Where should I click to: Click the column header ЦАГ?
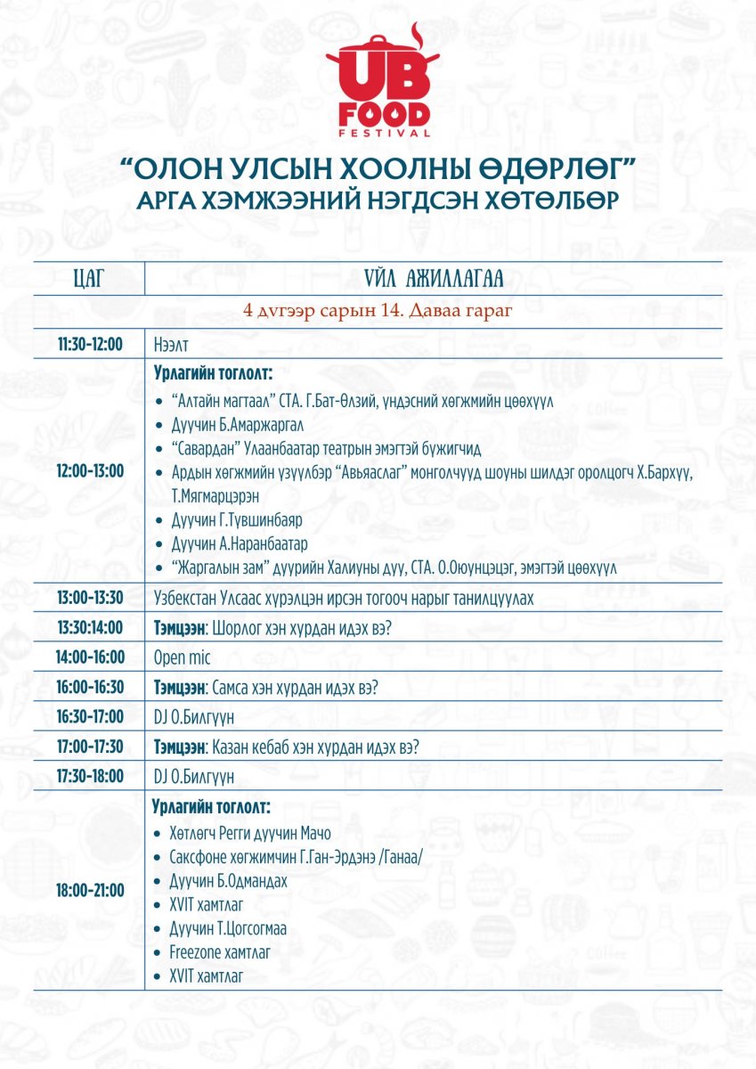[89, 279]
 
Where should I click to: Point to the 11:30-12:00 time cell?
[90, 344]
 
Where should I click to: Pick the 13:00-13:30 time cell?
[90, 598]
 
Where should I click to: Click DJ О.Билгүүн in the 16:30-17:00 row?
[194, 717]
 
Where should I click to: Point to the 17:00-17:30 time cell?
[90, 747]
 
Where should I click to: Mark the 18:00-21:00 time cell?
[90, 889]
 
